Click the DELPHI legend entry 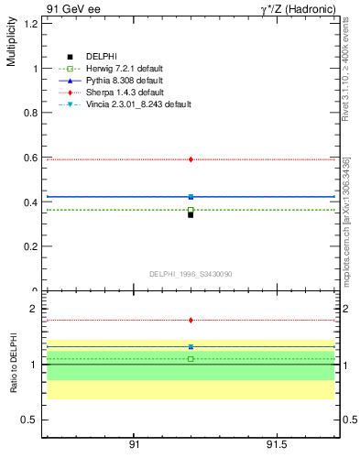tap(101, 57)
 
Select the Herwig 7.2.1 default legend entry tap(119, 69)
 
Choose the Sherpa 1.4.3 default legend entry tap(119, 93)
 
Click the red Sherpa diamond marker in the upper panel tap(191, 159)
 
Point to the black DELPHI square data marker tap(191, 214)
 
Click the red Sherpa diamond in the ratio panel tap(191, 321)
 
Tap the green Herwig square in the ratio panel tap(191, 359)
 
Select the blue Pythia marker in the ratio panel tap(191, 347)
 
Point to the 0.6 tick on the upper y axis tap(30, 158)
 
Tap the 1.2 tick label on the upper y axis tap(30, 24)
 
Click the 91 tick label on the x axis tap(135, 444)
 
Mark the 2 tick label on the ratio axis tap(34, 310)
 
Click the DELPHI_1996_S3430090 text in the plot tap(190, 274)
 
